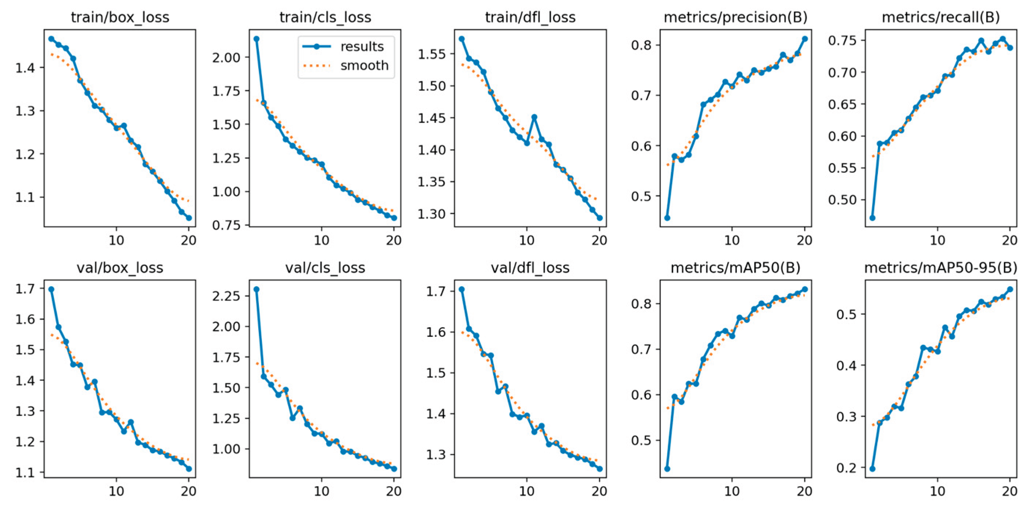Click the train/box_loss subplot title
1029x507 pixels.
click(x=120, y=17)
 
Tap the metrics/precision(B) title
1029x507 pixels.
click(x=735, y=17)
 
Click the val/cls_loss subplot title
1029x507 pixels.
click(x=325, y=268)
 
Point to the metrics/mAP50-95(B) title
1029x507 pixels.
click(x=941, y=268)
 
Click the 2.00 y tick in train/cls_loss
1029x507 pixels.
click(x=226, y=57)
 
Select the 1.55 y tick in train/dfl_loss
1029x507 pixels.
click(x=431, y=54)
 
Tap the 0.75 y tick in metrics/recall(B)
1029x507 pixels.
click(x=842, y=40)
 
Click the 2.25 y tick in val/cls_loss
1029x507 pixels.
click(x=226, y=296)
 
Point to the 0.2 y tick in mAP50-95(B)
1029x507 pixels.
click(x=847, y=467)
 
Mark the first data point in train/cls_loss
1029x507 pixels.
click(x=256, y=39)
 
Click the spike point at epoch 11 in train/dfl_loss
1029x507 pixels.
click(x=534, y=117)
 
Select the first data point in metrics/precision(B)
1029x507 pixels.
click(x=667, y=218)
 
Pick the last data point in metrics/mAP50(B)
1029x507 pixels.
click(x=805, y=289)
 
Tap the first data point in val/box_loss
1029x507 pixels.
click(x=51, y=289)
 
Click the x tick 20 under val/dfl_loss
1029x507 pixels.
click(x=599, y=491)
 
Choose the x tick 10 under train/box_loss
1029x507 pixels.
click(x=116, y=240)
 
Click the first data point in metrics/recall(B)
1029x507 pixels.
click(x=872, y=218)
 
